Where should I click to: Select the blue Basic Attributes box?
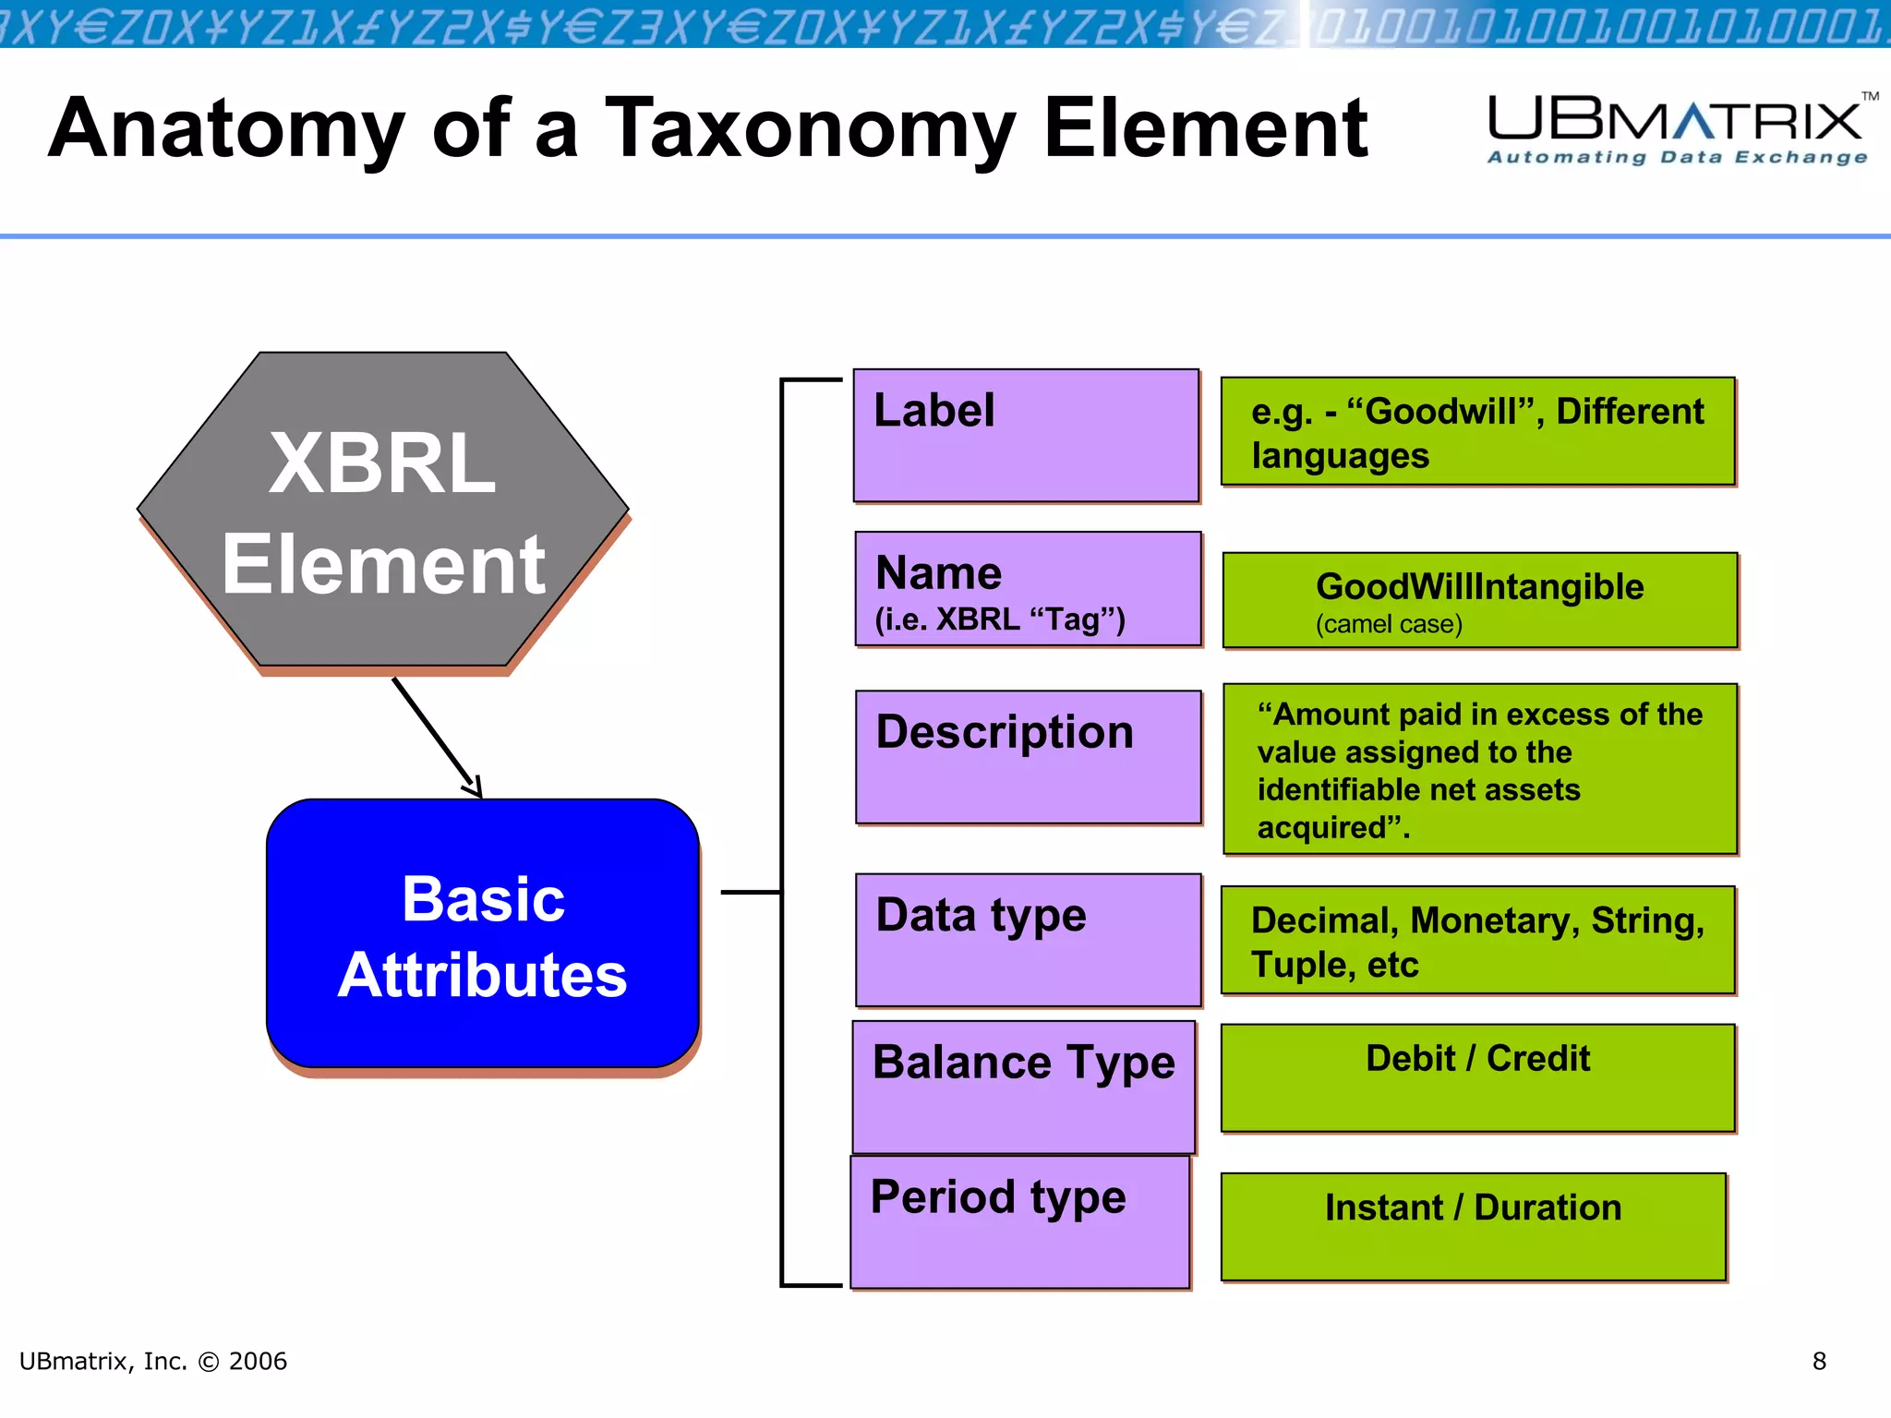coord(482,934)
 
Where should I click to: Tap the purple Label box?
coord(1026,436)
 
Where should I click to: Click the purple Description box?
coord(1028,757)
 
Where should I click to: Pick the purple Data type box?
coord(1028,940)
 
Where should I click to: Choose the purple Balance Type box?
coord(1023,1088)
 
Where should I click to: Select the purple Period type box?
coord(1019,1222)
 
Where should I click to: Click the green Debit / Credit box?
coord(1477,1077)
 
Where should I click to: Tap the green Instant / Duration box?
coord(1473,1226)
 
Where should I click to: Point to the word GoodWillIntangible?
coord(1479,587)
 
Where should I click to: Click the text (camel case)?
coord(1389,625)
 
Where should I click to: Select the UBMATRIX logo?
coord(1676,120)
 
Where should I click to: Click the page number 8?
coord(1819,1361)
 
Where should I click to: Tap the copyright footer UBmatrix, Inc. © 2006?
coord(153,1361)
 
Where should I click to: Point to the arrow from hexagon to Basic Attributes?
coord(436,736)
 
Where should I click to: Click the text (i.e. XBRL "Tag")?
coord(1000,619)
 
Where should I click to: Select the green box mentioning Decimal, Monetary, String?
coord(1477,941)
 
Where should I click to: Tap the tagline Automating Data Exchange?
coord(1677,158)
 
